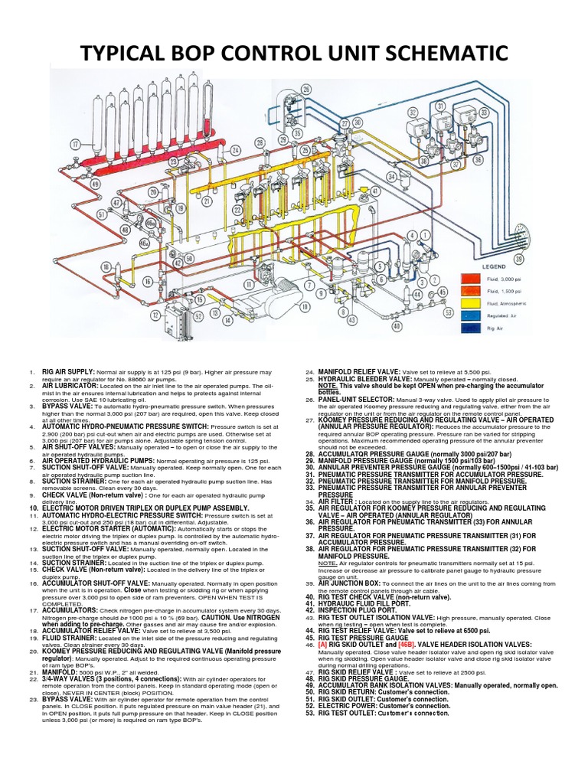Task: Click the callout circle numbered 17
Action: pos(75,144)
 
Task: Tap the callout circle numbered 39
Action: pos(520,260)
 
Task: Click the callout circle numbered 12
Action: pos(155,315)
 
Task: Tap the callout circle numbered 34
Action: pos(392,177)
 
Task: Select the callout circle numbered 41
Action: pos(375,191)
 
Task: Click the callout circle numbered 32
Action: pos(413,113)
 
